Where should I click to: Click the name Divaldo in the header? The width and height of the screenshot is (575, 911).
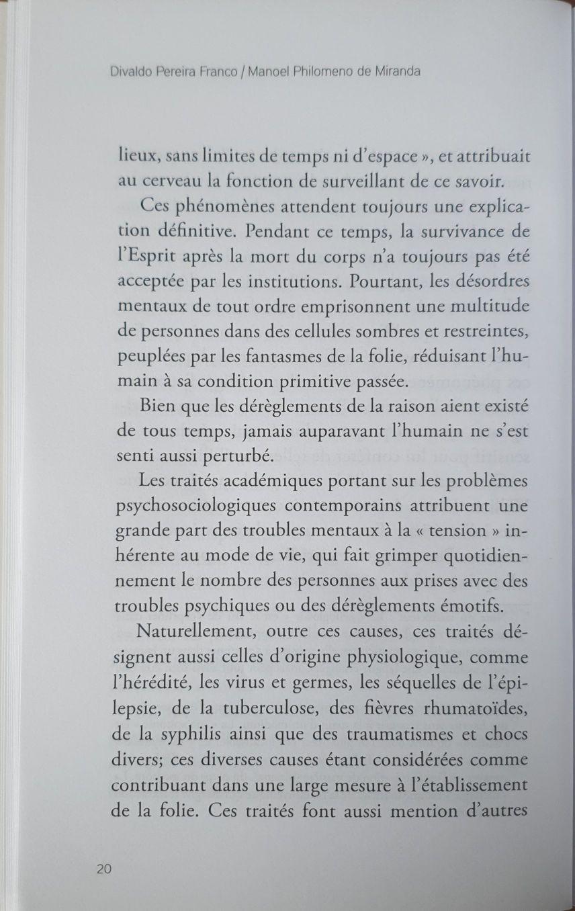coord(131,71)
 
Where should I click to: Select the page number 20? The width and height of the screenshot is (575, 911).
coord(103,869)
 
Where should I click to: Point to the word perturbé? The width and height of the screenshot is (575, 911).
coord(228,457)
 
